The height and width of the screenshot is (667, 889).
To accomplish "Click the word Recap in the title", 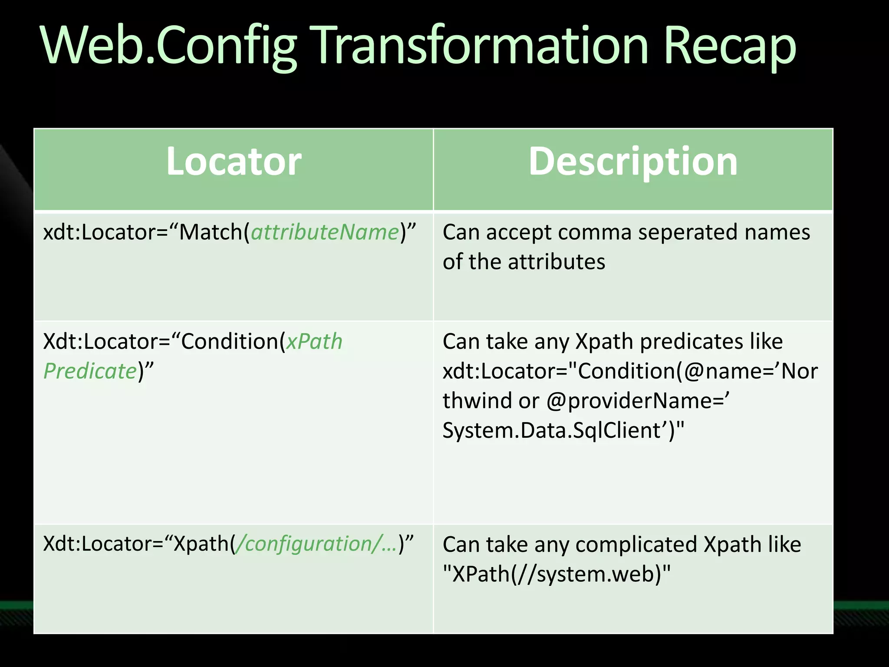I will pos(730,46).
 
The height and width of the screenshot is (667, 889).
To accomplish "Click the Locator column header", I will pos(234,162).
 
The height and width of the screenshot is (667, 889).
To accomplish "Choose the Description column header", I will pos(633,162).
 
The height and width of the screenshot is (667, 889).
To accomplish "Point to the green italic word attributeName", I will pos(325,232).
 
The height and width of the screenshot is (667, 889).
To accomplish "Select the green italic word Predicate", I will pos(90,371).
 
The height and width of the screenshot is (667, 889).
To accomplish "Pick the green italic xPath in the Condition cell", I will pos(314,341).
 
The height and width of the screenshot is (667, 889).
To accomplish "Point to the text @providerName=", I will pos(637,400).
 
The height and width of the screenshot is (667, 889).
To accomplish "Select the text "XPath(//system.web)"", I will pos(556,574).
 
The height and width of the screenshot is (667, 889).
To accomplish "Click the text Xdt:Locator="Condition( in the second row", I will pos(164,341).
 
